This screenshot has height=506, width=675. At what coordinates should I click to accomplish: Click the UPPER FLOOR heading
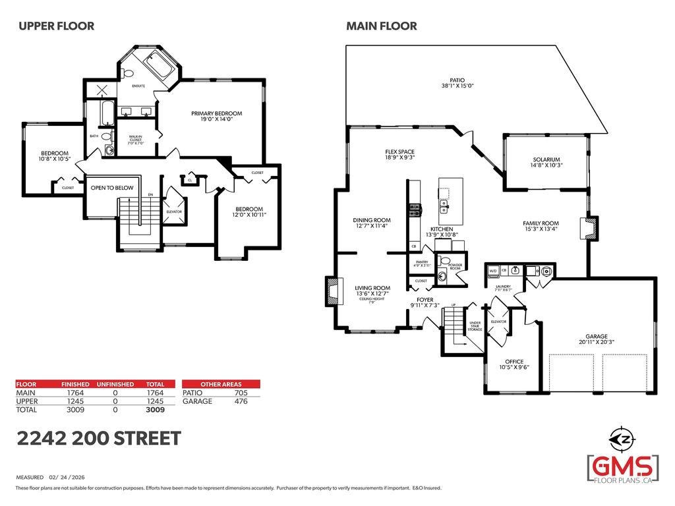coord(56,26)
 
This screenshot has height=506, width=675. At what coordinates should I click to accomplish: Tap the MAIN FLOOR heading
coord(382,26)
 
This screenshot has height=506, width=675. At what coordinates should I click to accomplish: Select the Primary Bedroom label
coord(216,113)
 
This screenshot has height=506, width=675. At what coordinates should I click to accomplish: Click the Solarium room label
coord(546,159)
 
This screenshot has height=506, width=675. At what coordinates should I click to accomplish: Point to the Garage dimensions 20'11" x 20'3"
coord(597,342)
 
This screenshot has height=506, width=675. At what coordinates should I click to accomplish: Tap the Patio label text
coord(457,80)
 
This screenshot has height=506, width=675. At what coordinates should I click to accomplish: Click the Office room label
coord(514,362)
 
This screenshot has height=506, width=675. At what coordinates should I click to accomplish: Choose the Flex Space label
coord(399,152)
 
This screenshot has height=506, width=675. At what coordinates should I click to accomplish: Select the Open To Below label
coord(112,188)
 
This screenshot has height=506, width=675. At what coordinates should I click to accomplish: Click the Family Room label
coord(541,223)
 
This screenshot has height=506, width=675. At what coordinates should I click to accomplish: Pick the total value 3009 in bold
coord(155,409)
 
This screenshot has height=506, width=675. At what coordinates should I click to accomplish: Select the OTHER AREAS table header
coord(221,384)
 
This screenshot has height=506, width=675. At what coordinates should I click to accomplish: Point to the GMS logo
coord(623,466)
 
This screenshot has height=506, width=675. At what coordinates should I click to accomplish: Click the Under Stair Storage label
coord(475,323)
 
